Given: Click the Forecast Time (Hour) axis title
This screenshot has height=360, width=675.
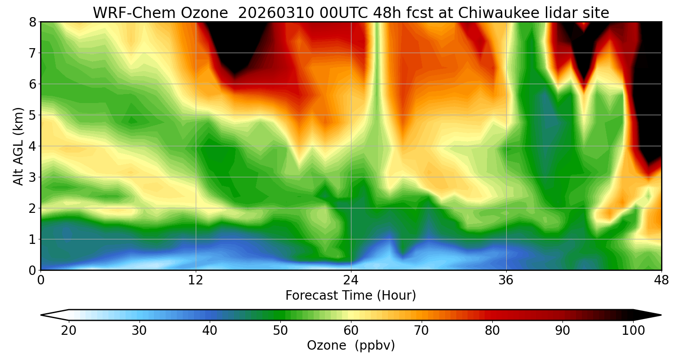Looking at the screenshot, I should pos(351,296).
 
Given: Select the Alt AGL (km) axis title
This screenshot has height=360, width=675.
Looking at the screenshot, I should pos(18,146).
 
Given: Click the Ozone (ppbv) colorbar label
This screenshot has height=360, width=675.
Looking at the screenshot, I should pos(351,346).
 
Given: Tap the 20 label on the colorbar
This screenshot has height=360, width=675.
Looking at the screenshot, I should pos(68,331).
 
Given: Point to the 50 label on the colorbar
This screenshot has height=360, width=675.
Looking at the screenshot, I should pos(280,331).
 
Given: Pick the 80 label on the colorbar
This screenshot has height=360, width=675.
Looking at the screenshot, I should pos(492,331).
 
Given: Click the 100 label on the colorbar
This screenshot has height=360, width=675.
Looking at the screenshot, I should pos(633,331).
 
